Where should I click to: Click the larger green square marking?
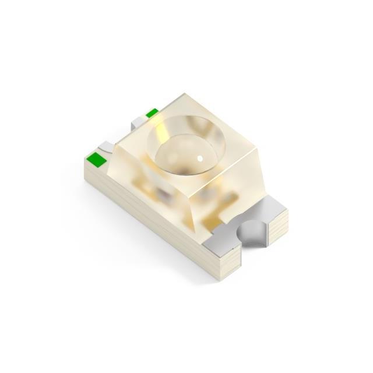point(94,158)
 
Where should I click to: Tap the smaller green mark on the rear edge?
point(152,113)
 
